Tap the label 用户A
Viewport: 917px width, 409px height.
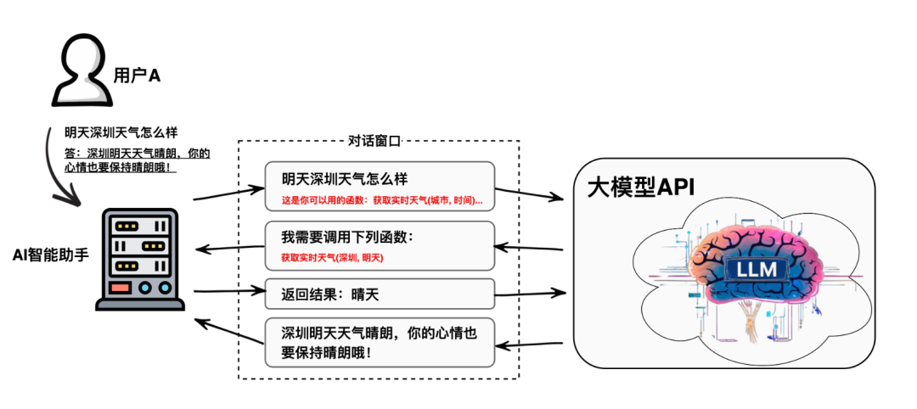pyautogui.click(x=137, y=76)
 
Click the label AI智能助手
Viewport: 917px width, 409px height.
pyautogui.click(x=50, y=254)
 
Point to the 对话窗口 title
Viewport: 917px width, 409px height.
pyautogui.click(x=374, y=141)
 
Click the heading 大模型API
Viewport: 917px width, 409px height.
pyautogui.click(x=641, y=187)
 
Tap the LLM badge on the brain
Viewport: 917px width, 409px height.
pyautogui.click(x=757, y=271)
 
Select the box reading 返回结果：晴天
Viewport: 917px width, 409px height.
pyautogui.click(x=379, y=294)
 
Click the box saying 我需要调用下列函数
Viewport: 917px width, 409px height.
pyautogui.click(x=379, y=244)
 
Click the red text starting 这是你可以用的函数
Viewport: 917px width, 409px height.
pyautogui.click(x=382, y=201)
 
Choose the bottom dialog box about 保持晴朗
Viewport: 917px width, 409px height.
pyautogui.click(x=379, y=342)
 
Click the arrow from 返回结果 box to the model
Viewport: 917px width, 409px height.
pyautogui.click(x=530, y=294)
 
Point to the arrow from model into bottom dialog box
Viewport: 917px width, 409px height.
pyautogui.click(x=530, y=345)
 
